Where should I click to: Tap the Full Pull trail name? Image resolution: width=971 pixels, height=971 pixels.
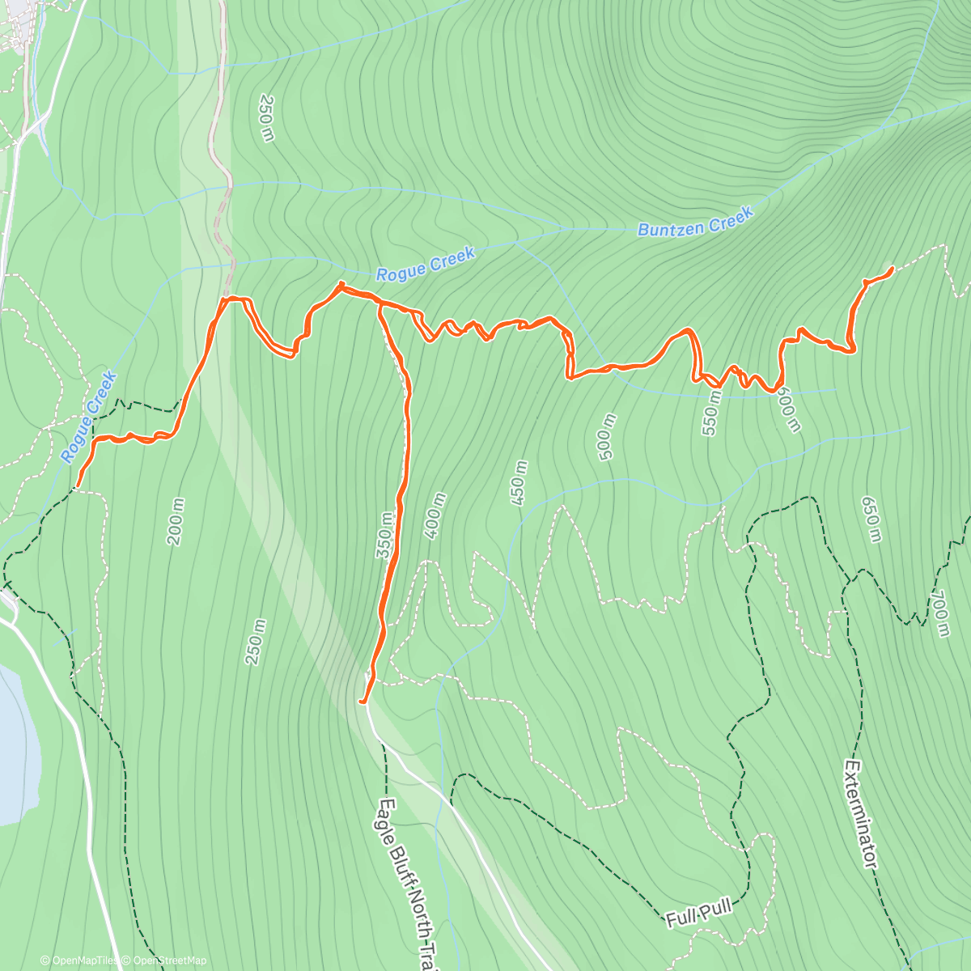point(699,914)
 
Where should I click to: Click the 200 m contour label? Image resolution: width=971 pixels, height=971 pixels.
point(176,522)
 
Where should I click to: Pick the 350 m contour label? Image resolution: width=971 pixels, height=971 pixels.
point(385,535)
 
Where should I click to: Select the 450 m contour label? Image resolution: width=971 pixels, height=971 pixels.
point(519,483)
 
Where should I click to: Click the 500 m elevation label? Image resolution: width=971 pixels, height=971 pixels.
point(607,437)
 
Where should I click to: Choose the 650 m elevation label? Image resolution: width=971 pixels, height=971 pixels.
point(870,519)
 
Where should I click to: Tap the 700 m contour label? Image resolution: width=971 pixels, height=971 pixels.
point(939,613)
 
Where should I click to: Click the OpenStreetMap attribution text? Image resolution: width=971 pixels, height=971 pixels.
point(169,960)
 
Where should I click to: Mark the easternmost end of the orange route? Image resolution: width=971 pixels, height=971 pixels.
point(892,268)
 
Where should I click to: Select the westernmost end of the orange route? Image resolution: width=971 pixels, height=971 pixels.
point(77,487)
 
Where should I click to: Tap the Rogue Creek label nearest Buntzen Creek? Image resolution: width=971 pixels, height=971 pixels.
point(426,265)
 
